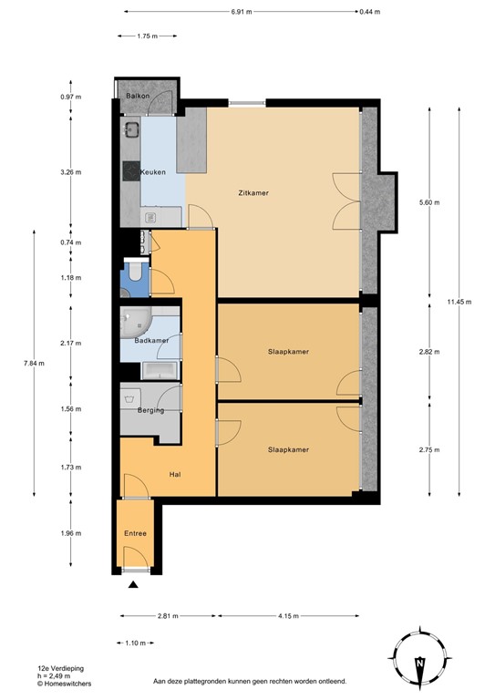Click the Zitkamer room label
(253, 193)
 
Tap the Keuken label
(153, 172)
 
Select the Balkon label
(138, 96)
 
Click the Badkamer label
(151, 340)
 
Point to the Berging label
(150, 410)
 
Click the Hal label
(175, 475)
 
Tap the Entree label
(135, 533)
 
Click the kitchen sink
(131, 129)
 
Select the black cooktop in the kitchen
(131, 171)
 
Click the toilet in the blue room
(134, 272)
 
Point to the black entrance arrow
(133, 584)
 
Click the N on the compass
(419, 663)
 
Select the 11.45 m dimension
(459, 302)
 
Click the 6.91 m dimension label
(242, 12)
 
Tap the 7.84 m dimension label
(34, 364)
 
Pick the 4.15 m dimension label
(288, 616)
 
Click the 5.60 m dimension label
(429, 202)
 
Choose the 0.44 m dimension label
(370, 12)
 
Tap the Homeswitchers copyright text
(65, 684)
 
